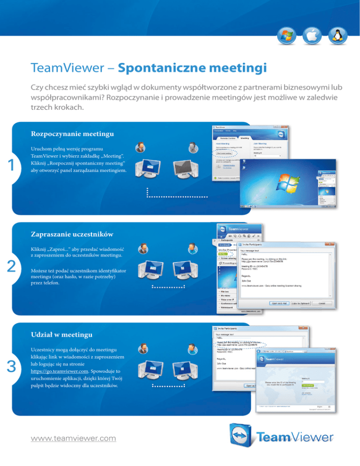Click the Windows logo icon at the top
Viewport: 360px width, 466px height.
click(x=285, y=35)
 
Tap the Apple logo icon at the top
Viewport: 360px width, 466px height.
click(x=309, y=35)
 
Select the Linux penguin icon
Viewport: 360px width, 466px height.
click(x=333, y=35)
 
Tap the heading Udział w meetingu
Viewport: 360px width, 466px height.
click(x=61, y=335)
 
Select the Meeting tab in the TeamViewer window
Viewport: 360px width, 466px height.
click(x=245, y=137)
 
